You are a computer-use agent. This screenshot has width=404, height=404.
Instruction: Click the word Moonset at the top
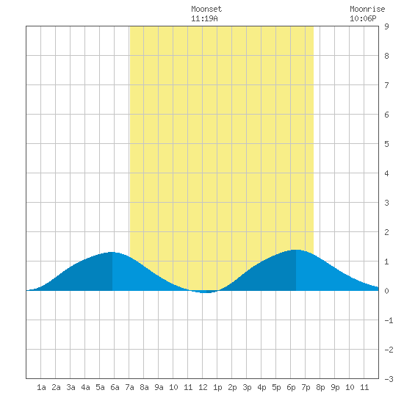(206, 9)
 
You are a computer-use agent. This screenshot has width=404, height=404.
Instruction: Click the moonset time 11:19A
(204, 18)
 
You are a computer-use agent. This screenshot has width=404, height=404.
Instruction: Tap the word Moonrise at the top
(367, 9)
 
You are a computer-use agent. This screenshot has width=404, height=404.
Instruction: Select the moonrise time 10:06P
(363, 18)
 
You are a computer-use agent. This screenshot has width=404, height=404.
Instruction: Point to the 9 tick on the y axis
(386, 26)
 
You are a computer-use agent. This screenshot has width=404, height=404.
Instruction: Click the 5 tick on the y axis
(386, 144)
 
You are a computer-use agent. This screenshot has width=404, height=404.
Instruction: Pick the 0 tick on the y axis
(386, 291)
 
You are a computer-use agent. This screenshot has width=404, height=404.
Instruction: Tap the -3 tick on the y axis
(389, 379)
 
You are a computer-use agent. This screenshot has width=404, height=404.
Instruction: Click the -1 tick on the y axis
(389, 320)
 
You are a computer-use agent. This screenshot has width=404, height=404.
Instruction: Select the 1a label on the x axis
(41, 387)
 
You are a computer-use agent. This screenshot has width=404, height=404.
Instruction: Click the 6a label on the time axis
(115, 387)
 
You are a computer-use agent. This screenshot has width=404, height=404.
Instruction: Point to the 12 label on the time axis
(203, 387)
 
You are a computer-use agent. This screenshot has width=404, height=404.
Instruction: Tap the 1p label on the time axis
(217, 387)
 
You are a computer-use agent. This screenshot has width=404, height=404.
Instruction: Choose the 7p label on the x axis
(306, 387)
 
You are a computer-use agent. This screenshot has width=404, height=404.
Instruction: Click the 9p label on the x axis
(335, 387)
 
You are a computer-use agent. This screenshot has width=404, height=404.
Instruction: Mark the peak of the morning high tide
(112, 252)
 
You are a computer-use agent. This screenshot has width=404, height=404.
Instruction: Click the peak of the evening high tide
(296, 250)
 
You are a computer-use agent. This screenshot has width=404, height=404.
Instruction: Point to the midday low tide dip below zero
(206, 292)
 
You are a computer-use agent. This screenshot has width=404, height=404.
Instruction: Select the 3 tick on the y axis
(386, 203)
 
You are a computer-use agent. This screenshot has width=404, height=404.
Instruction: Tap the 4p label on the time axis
(261, 387)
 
